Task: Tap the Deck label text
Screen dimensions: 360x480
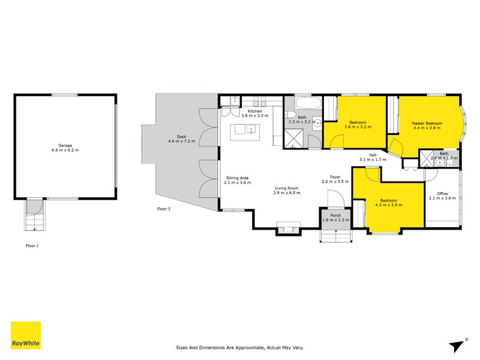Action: (181, 140)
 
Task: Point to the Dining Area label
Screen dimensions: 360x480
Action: (237, 181)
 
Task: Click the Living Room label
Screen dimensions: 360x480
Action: (286, 190)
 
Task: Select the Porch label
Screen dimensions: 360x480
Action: (331, 218)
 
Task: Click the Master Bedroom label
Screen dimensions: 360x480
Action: (427, 126)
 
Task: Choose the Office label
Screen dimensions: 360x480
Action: (442, 196)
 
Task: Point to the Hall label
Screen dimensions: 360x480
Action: (372, 158)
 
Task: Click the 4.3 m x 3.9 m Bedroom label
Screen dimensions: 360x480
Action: (388, 203)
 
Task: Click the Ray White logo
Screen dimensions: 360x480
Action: (26, 336)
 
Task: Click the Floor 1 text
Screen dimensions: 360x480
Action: (32, 245)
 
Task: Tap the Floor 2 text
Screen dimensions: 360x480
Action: (164, 209)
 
